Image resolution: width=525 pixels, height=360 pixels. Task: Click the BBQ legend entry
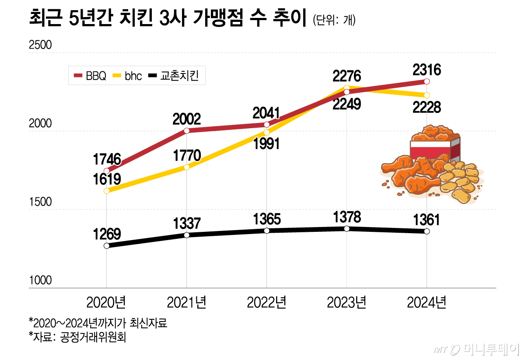click(x=90, y=76)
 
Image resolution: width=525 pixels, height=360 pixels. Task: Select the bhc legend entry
click(x=127, y=76)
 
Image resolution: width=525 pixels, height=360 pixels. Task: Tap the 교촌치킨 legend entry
click(x=173, y=76)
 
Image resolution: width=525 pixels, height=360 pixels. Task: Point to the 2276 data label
click(x=346, y=76)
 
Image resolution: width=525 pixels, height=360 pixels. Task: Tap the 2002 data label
click(x=186, y=119)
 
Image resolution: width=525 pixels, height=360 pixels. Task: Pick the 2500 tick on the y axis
click(x=40, y=45)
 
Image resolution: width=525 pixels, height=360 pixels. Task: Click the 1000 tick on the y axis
click(x=40, y=280)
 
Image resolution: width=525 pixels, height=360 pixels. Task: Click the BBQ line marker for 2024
click(x=427, y=82)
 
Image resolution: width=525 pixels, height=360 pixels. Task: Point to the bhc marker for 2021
click(x=187, y=167)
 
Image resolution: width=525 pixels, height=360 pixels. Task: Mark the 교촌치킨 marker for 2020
click(x=107, y=246)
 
